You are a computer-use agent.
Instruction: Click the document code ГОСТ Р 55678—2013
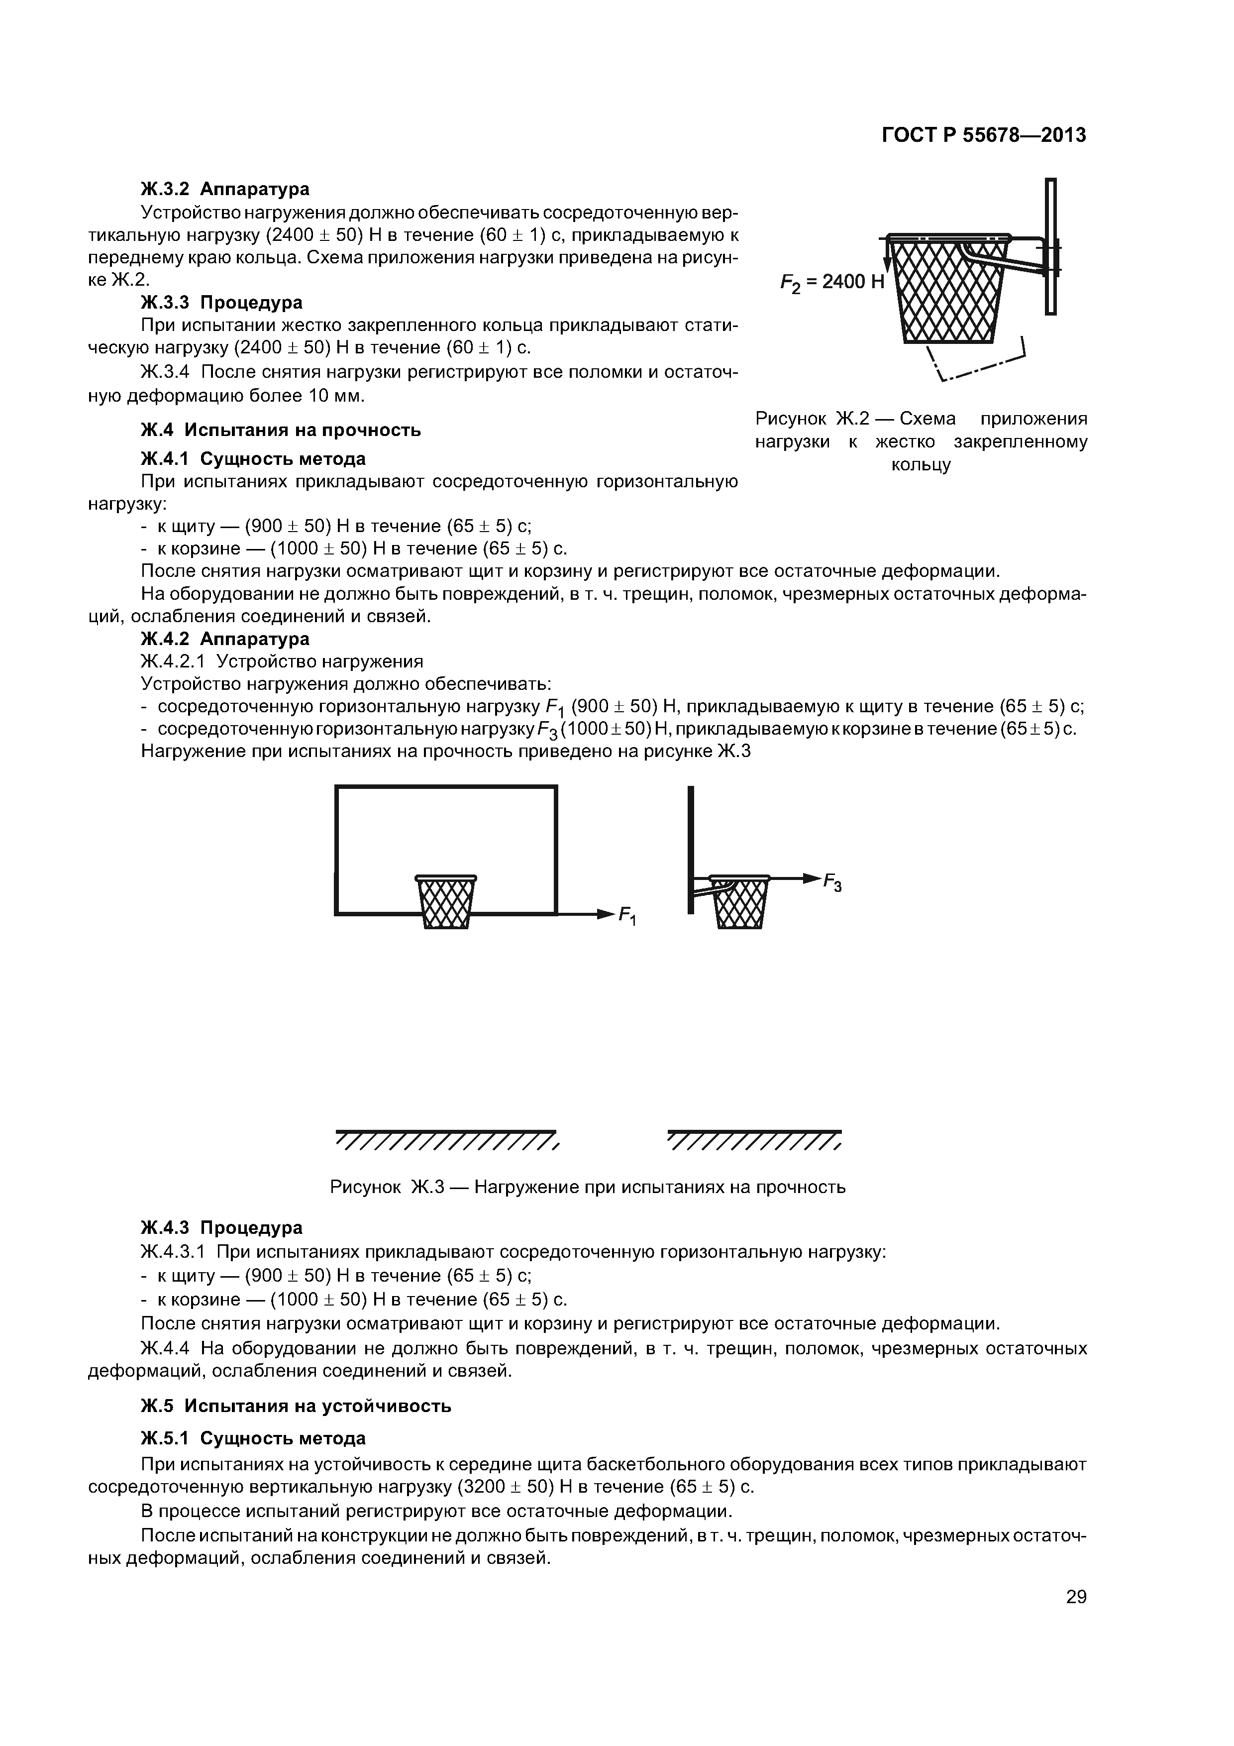tap(983, 135)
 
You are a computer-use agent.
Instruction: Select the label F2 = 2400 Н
tap(832, 283)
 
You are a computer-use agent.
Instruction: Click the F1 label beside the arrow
tap(628, 916)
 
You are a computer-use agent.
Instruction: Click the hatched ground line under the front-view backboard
tap(447, 1141)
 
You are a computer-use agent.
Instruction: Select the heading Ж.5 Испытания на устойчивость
tap(296, 1406)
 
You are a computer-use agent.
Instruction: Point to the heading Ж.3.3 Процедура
tap(221, 303)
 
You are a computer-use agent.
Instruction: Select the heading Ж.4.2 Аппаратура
tap(225, 639)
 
